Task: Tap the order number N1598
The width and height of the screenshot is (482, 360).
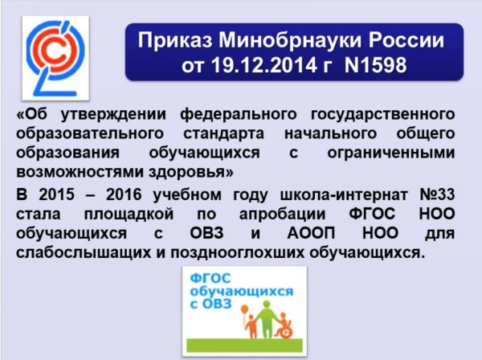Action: click(376, 65)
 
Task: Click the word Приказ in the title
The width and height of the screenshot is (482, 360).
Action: click(175, 41)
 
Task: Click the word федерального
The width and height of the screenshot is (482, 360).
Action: click(239, 115)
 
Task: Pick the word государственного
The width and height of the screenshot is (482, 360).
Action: click(382, 115)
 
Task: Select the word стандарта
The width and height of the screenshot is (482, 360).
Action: click(224, 134)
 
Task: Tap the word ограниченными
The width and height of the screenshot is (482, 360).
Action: click(391, 153)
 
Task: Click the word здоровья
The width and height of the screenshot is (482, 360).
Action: click(191, 172)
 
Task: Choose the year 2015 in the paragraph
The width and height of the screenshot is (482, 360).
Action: click(56, 194)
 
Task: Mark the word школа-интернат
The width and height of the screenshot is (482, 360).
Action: click(344, 195)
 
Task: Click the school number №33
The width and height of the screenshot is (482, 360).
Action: click(437, 194)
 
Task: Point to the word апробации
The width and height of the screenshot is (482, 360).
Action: click(282, 215)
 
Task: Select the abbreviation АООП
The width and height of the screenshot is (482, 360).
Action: click(312, 233)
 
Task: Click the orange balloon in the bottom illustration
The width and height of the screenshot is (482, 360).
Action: click(244, 309)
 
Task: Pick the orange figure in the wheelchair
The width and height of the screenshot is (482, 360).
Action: click(283, 325)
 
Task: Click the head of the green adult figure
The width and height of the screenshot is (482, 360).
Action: click(267, 305)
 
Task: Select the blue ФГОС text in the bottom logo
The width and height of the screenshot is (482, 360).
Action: click(210, 279)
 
